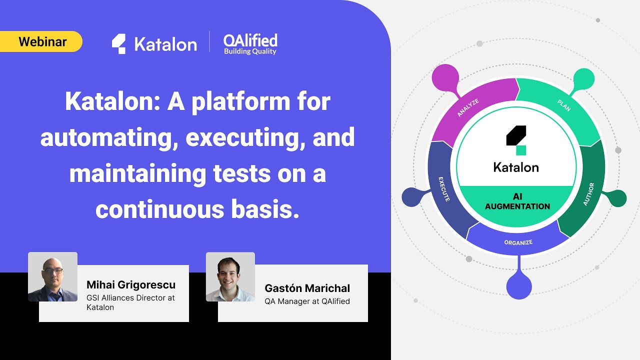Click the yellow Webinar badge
click(41, 41)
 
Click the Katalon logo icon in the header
click(118, 43)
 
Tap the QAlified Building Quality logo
click(250, 44)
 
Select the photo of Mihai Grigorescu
click(52, 277)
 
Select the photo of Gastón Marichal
click(230, 277)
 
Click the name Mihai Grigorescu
click(131, 285)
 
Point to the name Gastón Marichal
click(307, 288)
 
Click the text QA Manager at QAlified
click(307, 301)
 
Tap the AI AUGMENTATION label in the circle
click(517, 201)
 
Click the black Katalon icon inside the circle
click(516, 139)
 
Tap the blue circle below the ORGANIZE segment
click(519, 286)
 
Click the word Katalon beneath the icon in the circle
click(516, 167)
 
